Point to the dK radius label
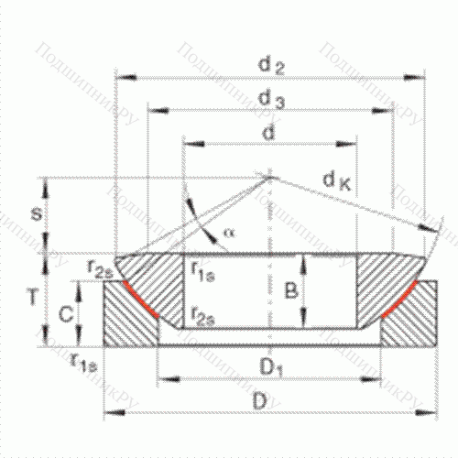[336, 182]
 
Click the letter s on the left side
[35, 214]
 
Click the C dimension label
[65, 314]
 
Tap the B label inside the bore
[290, 292]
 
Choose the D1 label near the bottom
[269, 368]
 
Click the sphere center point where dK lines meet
[269, 177]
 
